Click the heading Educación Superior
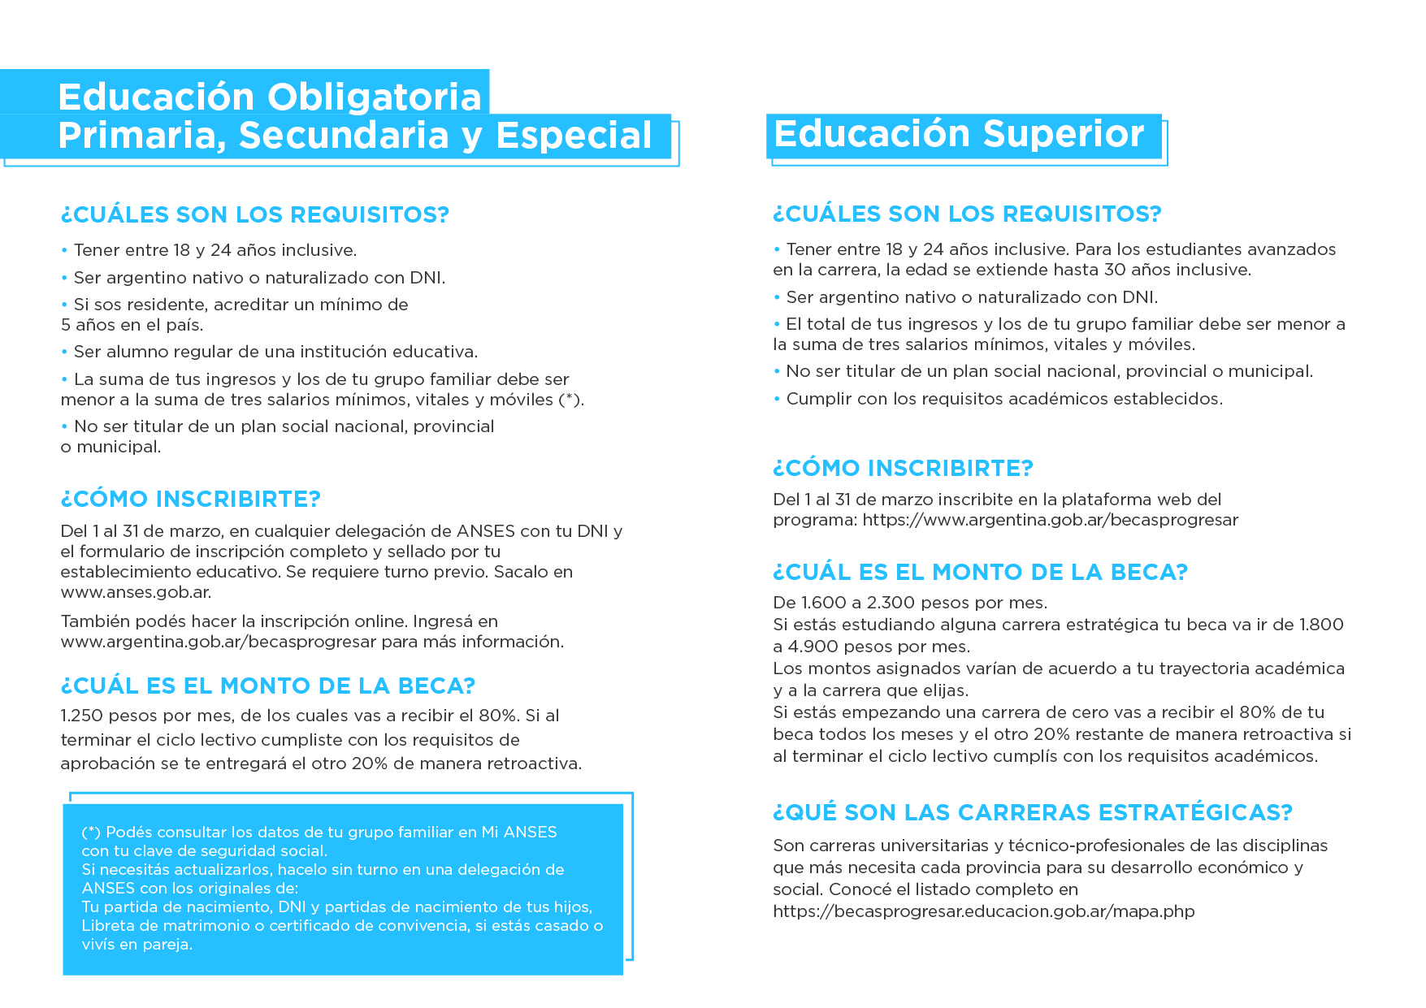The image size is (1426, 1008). pyautogui.click(x=959, y=134)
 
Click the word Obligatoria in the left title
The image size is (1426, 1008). pyautogui.click(x=375, y=97)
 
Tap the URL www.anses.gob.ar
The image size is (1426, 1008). pyautogui.click(x=136, y=592)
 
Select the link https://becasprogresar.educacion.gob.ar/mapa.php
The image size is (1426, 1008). pyautogui.click(x=983, y=911)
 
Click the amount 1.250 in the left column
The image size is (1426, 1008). pyautogui.click(x=81, y=716)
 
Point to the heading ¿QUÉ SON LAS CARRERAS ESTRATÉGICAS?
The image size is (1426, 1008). pyautogui.click(x=1032, y=812)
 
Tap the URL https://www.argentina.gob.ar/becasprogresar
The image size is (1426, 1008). pyautogui.click(x=1050, y=520)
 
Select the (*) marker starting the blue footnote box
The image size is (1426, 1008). pyautogui.click(x=91, y=833)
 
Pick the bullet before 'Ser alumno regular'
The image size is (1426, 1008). pyautogui.click(x=64, y=353)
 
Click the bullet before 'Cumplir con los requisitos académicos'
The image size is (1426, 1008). pyautogui.click(x=778, y=400)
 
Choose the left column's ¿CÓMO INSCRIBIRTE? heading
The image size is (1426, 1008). pyautogui.click(x=191, y=499)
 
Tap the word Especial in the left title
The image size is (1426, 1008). pyautogui.click(x=574, y=136)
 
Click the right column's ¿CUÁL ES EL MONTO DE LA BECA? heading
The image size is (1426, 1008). pyautogui.click(x=980, y=572)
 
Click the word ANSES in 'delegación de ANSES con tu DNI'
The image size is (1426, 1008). pyautogui.click(x=486, y=531)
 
